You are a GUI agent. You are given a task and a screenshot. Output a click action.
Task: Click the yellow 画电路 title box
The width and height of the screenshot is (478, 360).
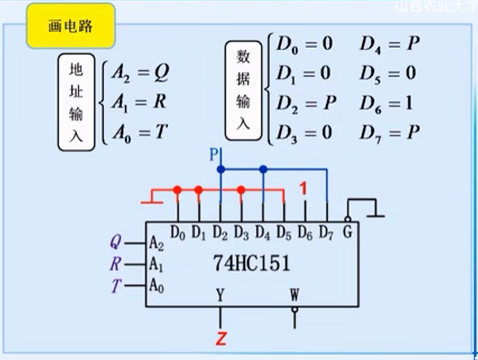click(70, 26)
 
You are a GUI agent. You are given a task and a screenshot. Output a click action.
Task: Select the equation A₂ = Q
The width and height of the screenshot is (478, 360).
click(140, 73)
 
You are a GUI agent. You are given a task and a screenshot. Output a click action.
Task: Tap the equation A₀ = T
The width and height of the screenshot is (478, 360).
click(140, 133)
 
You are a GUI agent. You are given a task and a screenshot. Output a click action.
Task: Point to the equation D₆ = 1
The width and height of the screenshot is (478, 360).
click(387, 103)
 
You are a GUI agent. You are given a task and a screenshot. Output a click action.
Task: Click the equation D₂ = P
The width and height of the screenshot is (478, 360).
click(306, 103)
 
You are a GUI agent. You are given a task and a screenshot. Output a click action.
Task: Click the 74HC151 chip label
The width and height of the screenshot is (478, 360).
click(251, 264)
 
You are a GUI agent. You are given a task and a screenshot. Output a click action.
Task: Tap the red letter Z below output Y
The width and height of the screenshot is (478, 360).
click(220, 338)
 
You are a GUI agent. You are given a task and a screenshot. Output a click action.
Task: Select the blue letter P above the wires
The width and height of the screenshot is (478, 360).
click(214, 155)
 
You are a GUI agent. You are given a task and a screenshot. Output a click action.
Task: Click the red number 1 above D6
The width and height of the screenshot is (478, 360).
click(303, 189)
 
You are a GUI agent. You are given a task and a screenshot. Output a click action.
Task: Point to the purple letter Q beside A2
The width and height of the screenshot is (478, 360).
click(115, 242)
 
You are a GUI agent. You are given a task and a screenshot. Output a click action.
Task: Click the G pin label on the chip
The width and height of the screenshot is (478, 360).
click(346, 233)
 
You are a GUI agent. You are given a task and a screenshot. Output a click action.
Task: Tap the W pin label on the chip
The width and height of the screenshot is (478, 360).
click(294, 294)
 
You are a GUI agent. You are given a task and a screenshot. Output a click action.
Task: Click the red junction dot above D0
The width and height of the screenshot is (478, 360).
click(178, 190)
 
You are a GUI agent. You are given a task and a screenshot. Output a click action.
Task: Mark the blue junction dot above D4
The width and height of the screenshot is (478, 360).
click(263, 169)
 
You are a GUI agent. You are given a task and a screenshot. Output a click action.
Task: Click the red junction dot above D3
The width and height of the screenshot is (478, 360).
click(241, 190)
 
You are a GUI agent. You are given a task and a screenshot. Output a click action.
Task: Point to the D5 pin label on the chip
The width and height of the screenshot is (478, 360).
click(283, 233)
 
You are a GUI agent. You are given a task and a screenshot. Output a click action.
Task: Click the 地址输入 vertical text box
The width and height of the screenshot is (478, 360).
click(76, 102)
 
